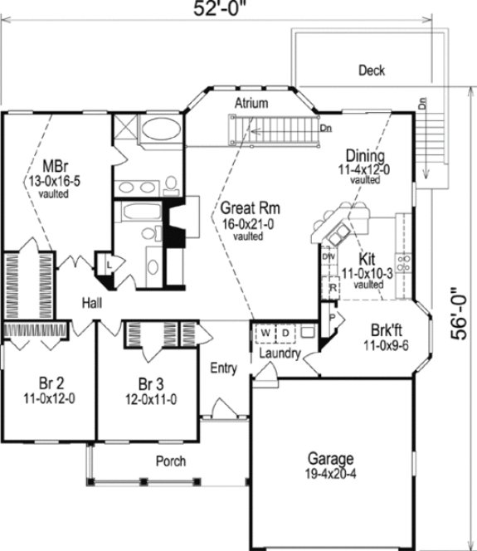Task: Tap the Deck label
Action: [371, 71]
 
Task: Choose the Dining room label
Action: [364, 155]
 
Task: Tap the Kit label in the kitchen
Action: [367, 257]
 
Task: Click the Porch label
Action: [170, 461]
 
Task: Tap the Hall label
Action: [92, 304]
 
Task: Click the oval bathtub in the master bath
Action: [159, 130]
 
